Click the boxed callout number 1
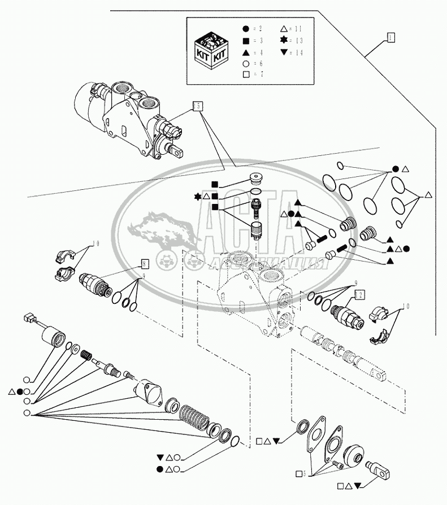pyautogui.click(x=390, y=38)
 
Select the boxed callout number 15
pyautogui.click(x=197, y=105)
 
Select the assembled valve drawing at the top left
pyautogui.click(x=129, y=117)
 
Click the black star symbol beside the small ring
pyautogui.click(x=198, y=196)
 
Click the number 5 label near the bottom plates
pyautogui.click(x=304, y=473)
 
